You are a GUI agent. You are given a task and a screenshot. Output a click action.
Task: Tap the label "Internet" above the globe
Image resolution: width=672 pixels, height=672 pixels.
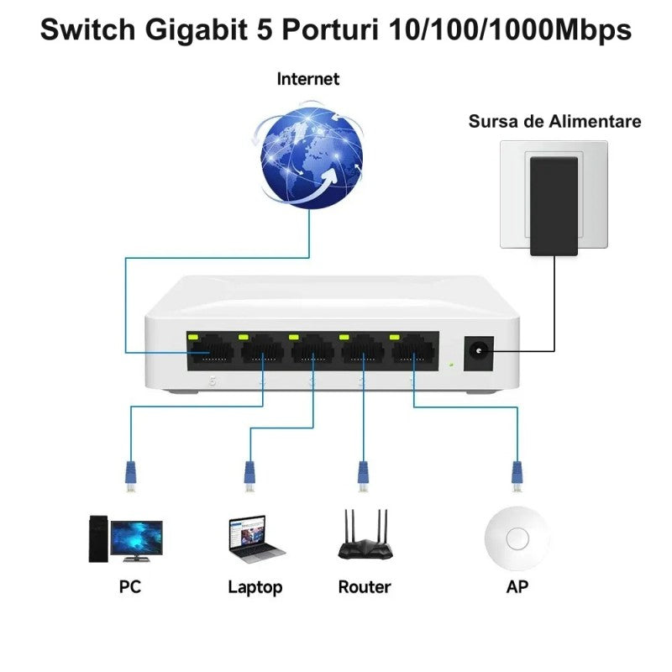(308, 79)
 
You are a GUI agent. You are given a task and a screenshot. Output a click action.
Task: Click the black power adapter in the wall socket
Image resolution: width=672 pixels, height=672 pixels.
(555, 205)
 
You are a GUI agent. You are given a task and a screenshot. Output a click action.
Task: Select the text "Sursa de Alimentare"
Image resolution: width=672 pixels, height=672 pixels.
(554, 122)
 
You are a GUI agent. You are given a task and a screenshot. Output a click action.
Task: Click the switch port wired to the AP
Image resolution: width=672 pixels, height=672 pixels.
(413, 352)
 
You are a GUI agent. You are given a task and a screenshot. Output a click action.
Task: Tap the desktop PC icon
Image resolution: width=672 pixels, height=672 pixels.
(124, 538)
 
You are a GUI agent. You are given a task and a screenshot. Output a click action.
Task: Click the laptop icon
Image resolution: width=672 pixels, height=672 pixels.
(255, 538)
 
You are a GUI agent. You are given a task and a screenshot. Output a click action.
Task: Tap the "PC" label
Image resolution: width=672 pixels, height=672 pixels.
(129, 587)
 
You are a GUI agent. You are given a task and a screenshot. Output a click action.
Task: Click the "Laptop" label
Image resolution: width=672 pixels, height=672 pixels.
(255, 587)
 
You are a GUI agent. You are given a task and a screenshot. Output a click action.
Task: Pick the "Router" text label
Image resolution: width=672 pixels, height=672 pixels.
(365, 587)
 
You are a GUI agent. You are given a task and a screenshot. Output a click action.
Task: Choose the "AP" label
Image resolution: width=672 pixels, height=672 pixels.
(517, 587)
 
